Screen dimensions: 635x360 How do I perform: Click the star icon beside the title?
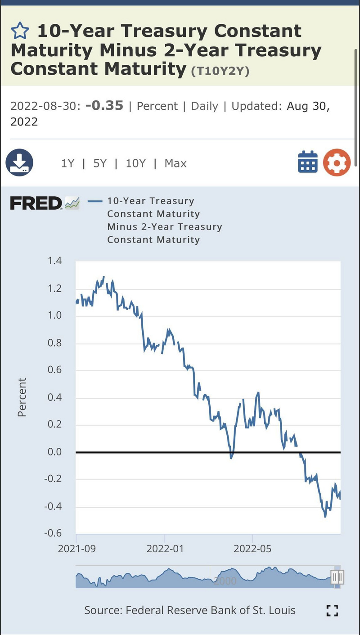tap(19, 31)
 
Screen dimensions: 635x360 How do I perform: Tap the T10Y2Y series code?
tap(220, 71)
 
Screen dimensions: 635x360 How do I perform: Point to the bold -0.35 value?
tap(104, 106)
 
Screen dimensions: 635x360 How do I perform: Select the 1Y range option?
tap(67, 163)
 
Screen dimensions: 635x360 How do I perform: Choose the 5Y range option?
tap(100, 163)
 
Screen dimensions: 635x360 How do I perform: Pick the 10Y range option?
tap(135, 163)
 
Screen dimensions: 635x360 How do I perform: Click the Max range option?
tap(175, 163)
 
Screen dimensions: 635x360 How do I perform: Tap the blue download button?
tap(19, 162)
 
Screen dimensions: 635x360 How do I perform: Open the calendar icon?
tap(308, 162)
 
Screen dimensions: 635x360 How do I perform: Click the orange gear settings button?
tap(336, 162)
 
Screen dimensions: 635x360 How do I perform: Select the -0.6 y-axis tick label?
tap(53, 533)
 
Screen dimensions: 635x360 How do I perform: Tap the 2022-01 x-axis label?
tap(165, 549)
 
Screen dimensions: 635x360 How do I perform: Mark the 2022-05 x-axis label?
tap(253, 549)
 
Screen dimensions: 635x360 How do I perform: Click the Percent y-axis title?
tap(22, 397)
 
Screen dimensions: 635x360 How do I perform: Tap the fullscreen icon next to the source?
tap(332, 610)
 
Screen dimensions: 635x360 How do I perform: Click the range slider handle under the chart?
tap(337, 577)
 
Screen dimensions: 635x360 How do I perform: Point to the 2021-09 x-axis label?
tap(76, 549)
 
